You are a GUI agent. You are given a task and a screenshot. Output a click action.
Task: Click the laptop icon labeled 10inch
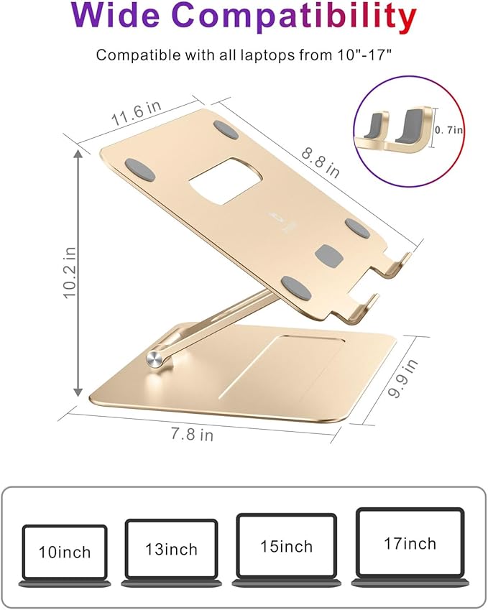[65, 552]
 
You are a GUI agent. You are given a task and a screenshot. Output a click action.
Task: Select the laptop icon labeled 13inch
[171, 550]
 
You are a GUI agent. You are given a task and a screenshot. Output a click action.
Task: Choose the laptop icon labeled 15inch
[286, 546]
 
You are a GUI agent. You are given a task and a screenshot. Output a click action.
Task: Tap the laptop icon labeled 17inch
[409, 544]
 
